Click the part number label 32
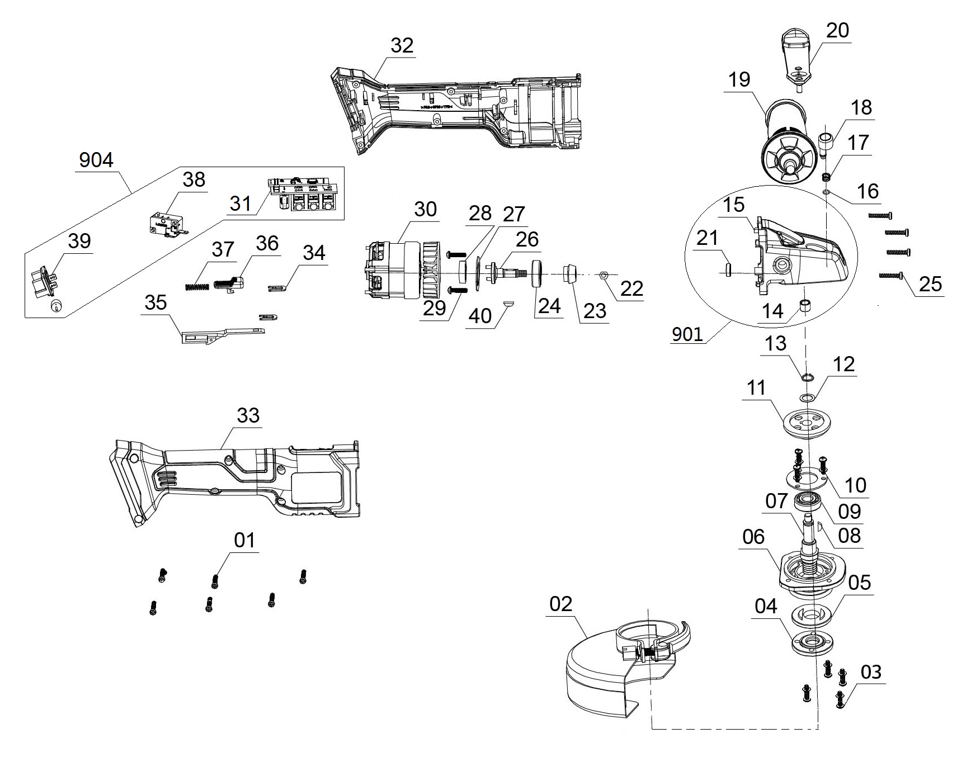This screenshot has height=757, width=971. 402,46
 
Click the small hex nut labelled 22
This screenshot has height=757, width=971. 603,275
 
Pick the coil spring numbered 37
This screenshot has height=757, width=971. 196,286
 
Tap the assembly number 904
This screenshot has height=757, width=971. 96,160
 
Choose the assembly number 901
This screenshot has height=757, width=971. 687,334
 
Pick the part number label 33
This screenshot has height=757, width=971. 248,415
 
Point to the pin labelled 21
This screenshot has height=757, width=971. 728,269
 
